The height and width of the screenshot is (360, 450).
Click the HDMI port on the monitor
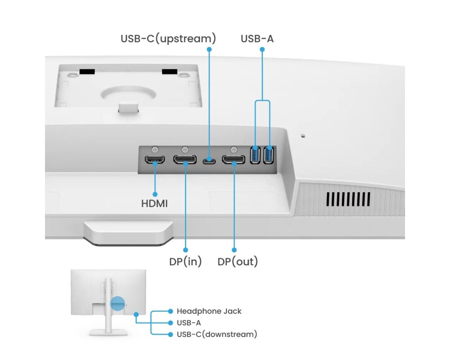[x=154, y=159]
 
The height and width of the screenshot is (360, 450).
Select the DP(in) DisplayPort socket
[x=185, y=159]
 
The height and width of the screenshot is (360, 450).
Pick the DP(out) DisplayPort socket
[x=234, y=159]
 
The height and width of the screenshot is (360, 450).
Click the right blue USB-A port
[x=269, y=155]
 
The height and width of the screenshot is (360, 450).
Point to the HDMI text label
[x=154, y=203]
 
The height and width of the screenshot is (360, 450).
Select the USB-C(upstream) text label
[x=168, y=39]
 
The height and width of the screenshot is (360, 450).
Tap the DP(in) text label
[x=185, y=261]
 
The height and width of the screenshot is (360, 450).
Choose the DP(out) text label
[x=238, y=261]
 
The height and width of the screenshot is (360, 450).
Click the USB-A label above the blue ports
[x=257, y=39]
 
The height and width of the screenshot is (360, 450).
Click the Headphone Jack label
[x=209, y=311]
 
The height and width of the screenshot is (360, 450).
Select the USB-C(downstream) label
[x=217, y=334]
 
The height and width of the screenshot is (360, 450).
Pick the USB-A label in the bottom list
[x=189, y=323]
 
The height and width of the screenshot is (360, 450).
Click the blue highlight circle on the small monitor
[x=118, y=303]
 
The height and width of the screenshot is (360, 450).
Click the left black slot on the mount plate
[x=87, y=72]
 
